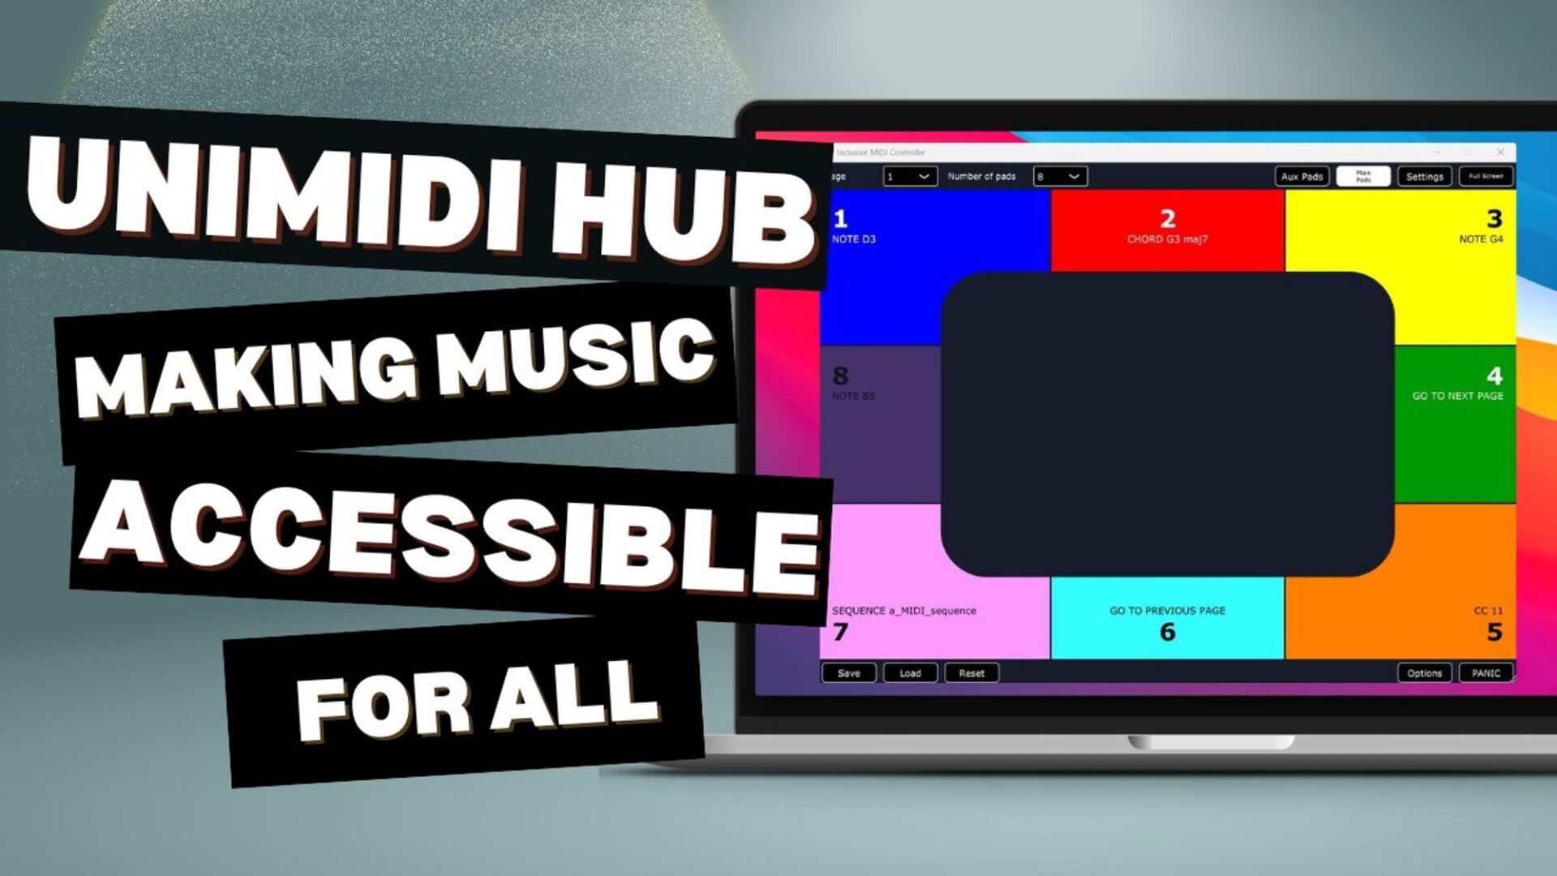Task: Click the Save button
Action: [x=848, y=673]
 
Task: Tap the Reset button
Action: [x=972, y=673]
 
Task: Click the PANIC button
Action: [x=1486, y=673]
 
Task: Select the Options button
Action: [x=1424, y=673]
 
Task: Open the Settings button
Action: [x=1424, y=177]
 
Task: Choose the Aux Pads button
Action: [x=1302, y=177]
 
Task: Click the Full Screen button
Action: [x=1486, y=176]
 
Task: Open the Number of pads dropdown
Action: [x=1060, y=176]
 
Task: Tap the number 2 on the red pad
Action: [x=1168, y=218]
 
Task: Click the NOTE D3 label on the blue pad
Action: [x=853, y=239]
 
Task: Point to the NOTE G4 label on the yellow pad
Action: [x=1481, y=239]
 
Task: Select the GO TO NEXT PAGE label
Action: [x=1457, y=396]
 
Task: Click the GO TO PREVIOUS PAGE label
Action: [x=1167, y=611]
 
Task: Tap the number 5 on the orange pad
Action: [x=1495, y=633]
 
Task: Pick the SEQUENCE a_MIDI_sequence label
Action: [x=903, y=611]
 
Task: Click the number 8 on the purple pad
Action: [x=840, y=376]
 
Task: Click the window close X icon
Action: [x=1500, y=152]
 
